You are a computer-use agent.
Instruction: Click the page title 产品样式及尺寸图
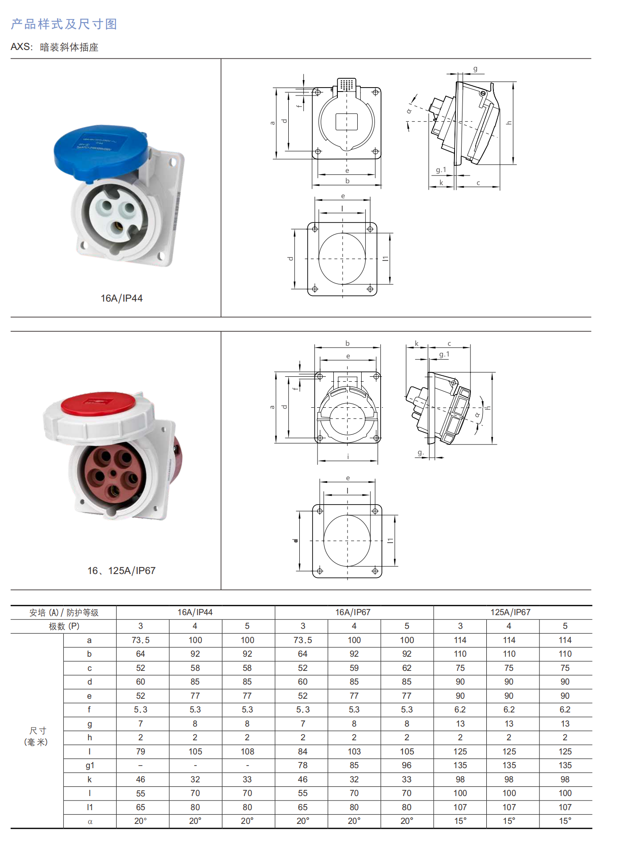pos(64,24)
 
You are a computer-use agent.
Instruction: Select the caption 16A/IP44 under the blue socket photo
pos(122,299)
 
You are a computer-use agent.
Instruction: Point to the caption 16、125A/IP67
pos(122,571)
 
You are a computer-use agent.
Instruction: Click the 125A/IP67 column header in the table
pos(510,612)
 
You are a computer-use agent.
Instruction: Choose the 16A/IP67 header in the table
pos(353,612)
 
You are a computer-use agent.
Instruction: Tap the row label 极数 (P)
pos(64,626)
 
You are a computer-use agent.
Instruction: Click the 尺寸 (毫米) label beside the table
pos(36,736)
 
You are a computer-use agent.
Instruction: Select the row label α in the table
pos(90,822)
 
